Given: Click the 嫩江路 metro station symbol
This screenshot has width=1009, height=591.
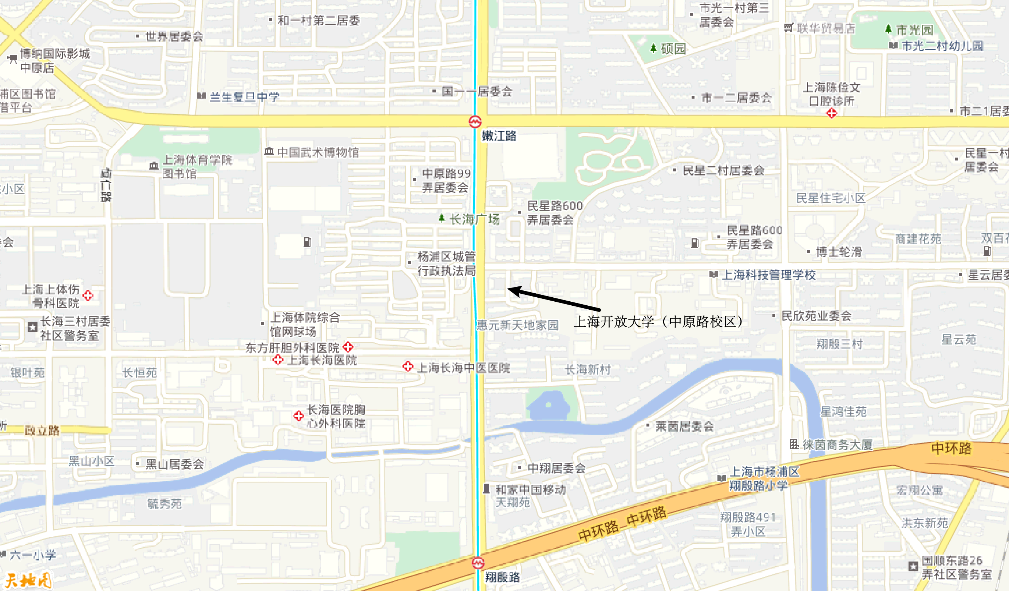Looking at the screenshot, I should tap(475, 121).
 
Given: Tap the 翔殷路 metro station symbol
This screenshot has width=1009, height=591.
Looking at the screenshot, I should tap(478, 563).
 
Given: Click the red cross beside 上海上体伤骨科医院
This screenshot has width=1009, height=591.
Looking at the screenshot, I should tap(88, 295).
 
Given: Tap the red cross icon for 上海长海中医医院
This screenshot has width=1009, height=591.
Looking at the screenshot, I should tap(408, 366).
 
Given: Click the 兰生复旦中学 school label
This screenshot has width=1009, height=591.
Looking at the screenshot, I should tap(244, 97).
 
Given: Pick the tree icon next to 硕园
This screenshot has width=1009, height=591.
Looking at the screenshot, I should tap(654, 49).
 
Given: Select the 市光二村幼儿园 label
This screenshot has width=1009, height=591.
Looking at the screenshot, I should tap(942, 46).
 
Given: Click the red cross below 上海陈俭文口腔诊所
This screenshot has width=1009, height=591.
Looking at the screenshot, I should tap(832, 114).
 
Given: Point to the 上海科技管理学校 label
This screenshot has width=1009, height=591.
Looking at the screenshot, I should tap(768, 275).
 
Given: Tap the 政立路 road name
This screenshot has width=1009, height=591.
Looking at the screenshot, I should tap(42, 431).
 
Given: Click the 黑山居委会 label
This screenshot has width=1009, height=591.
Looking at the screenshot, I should tap(174, 464).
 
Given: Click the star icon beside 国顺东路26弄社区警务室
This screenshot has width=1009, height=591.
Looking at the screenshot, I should tap(913, 567).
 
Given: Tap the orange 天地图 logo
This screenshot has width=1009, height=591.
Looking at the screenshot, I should tap(28, 580).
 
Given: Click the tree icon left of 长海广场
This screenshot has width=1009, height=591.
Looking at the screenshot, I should tap(442, 218).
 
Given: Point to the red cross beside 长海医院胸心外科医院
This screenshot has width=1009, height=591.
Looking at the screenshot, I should tap(298, 416).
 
